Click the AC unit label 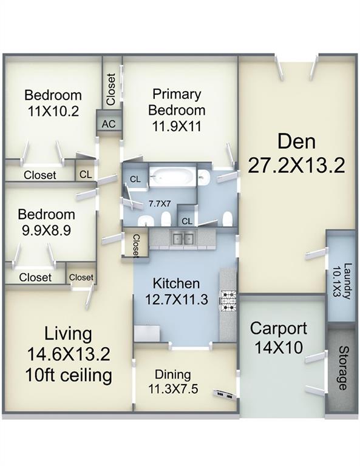point(109,124)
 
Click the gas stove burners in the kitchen point(228,301)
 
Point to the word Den point(297,141)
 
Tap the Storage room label point(343,368)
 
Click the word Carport point(279,329)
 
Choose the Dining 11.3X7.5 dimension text point(173,389)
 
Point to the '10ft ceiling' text point(70,375)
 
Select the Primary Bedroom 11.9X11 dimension point(177,126)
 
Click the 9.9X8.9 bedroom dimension point(46,230)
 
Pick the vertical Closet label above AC point(111,89)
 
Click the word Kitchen point(176,283)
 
